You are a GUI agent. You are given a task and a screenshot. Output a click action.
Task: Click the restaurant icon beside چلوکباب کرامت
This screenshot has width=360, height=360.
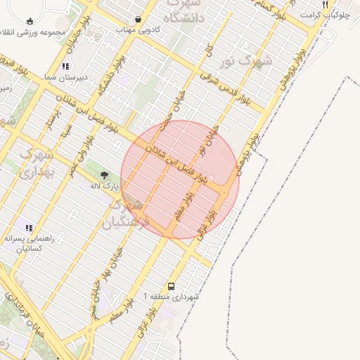[x=326, y=4]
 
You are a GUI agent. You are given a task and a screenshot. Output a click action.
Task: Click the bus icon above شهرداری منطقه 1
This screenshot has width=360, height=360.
[x=172, y=286]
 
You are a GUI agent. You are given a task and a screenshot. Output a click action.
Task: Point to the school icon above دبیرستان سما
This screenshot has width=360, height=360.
[x=65, y=67]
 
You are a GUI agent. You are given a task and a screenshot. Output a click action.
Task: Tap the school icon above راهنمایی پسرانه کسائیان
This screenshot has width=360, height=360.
[x=29, y=228]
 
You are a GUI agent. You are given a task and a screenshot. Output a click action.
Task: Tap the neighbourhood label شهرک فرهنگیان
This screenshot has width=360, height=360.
[x=126, y=214]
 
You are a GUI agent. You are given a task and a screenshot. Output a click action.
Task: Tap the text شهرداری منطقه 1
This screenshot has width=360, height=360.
[x=172, y=297]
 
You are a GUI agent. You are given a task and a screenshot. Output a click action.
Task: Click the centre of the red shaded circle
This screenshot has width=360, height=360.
[x=180, y=179]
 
